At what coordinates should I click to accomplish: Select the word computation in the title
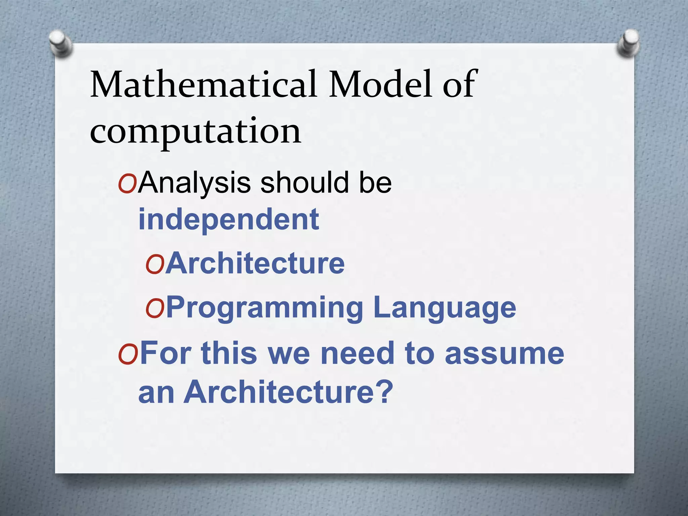(x=195, y=132)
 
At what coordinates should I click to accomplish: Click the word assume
(x=504, y=353)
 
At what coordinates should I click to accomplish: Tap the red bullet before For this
(x=128, y=356)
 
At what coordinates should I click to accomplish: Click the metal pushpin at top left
(x=60, y=43)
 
